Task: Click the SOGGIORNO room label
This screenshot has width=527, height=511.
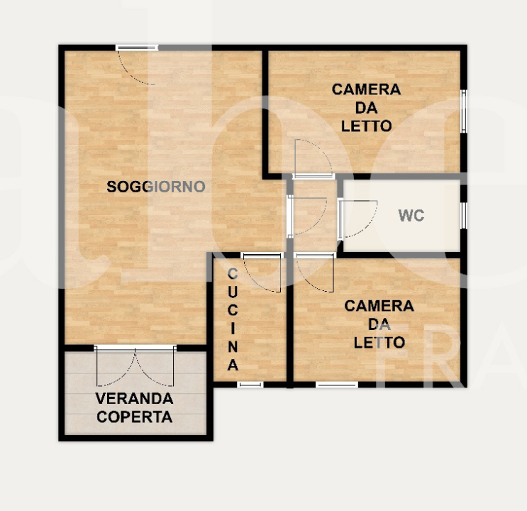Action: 156,187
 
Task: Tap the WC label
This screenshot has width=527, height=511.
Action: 411,215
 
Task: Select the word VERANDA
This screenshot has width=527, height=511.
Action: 135,399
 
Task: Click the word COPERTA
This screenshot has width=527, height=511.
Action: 135,417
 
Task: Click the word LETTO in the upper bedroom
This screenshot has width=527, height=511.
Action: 366,126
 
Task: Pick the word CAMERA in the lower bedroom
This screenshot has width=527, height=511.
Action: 379,306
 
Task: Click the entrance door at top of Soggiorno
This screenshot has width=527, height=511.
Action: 137,65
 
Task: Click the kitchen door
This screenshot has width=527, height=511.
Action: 262,273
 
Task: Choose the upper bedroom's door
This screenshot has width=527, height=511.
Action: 314,159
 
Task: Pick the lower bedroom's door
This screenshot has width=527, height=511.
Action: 315,273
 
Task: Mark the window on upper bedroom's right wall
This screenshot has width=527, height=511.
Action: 463,111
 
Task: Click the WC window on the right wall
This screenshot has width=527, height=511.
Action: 463,215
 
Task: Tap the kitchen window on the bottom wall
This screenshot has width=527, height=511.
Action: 250,385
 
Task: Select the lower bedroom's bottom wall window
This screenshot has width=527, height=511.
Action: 337,385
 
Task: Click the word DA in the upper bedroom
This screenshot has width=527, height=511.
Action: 366,108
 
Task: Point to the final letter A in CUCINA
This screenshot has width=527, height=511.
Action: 233,365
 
